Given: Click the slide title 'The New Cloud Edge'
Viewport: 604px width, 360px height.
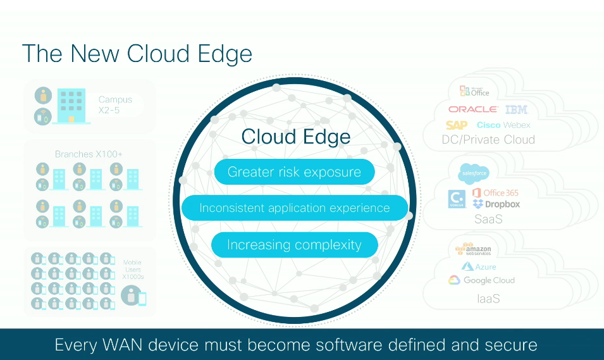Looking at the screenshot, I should [137, 54].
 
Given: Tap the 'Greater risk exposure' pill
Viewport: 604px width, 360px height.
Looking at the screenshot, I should [294, 172].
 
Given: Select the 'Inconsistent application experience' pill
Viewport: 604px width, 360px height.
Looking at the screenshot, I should [294, 208].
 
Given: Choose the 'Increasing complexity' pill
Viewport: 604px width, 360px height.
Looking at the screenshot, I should [294, 245].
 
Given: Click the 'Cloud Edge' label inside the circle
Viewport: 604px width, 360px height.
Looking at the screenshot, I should [295, 137].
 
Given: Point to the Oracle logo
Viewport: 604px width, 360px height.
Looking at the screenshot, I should [472, 109].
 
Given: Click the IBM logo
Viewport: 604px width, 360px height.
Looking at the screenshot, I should [516, 109].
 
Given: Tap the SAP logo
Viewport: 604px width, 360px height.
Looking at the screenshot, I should [457, 125].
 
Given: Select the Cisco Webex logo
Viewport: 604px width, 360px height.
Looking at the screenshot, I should [503, 125].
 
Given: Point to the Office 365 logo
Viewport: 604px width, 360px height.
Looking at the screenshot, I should [495, 192].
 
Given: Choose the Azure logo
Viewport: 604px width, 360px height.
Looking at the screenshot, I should [479, 266].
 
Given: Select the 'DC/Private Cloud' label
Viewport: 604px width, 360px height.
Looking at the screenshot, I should [488, 140].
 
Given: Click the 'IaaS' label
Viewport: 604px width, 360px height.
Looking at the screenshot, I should [488, 298].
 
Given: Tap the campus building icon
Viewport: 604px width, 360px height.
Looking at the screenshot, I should [71, 106].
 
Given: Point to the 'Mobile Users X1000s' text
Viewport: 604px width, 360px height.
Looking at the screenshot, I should [133, 270].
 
